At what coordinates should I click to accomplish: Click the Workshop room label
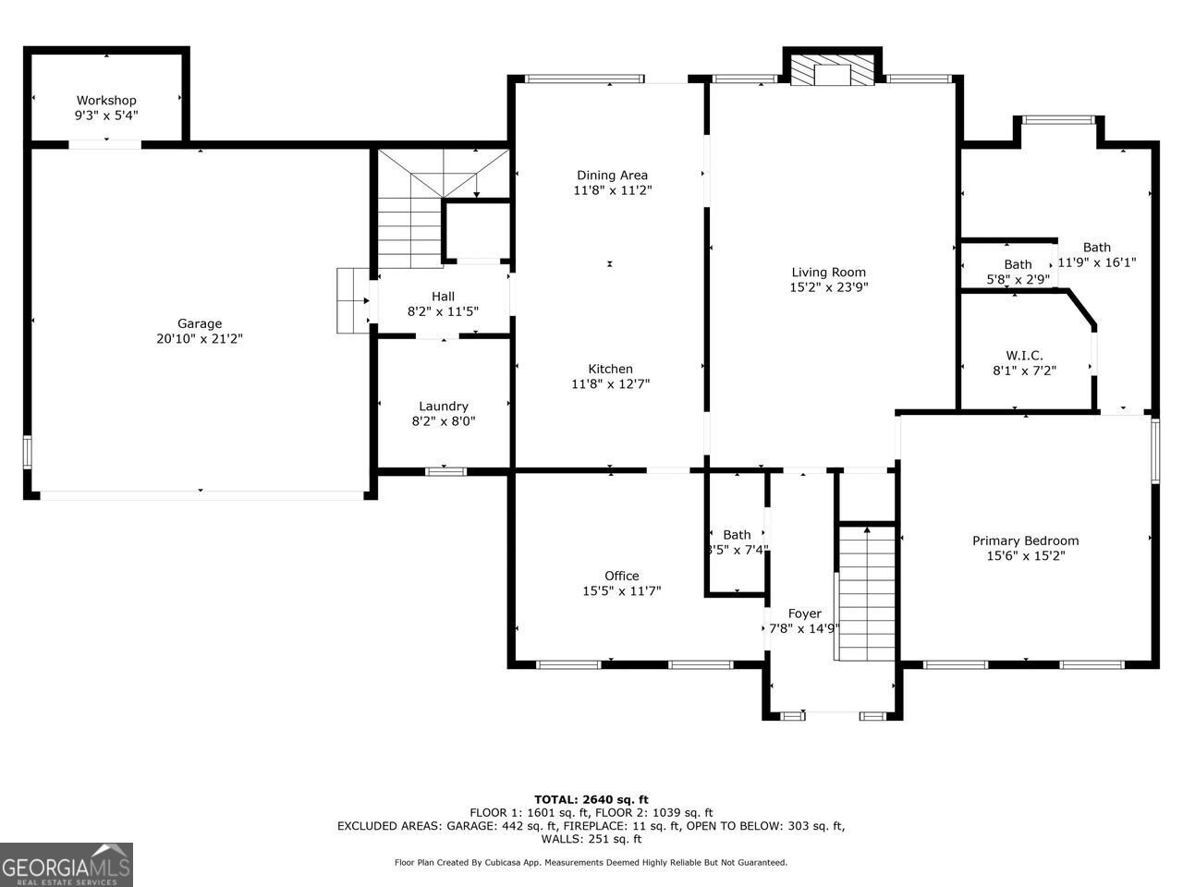[106, 100]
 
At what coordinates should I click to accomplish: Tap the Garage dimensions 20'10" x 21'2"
[200, 339]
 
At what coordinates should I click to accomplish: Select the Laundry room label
[444, 406]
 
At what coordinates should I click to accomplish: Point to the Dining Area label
[612, 175]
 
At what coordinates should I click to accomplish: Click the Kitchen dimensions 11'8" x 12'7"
[611, 384]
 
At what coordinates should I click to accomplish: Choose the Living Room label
[828, 272]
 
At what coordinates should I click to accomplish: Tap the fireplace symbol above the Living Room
[832, 69]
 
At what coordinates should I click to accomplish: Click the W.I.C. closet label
[1024, 356]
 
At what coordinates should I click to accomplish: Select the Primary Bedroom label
[1026, 541]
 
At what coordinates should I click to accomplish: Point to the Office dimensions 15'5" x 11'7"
[622, 590]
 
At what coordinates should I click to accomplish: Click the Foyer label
[805, 614]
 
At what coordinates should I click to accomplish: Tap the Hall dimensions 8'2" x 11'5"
[443, 311]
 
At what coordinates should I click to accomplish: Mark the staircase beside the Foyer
[866, 593]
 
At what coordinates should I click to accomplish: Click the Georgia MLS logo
[67, 865]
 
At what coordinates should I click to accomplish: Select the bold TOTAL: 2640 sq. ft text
[591, 800]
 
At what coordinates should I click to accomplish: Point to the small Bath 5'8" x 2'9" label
[1018, 272]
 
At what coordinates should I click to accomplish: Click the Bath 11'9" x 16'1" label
[1097, 255]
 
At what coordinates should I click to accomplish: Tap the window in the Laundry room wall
[445, 472]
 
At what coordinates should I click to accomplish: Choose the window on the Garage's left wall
[27, 453]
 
